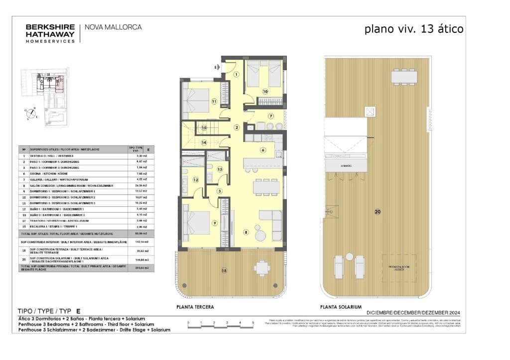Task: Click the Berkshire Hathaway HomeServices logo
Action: tap(50, 33)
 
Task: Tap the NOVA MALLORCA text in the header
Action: tap(114, 27)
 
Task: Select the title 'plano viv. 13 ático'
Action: tap(414, 29)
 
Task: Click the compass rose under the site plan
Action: tap(30, 113)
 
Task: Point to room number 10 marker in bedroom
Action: tap(265, 91)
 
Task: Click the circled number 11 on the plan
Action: tap(214, 102)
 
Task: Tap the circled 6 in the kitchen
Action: tap(263, 149)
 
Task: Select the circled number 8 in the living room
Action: tap(246, 232)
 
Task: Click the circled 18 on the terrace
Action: tap(224, 270)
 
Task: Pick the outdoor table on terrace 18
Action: tap(261, 268)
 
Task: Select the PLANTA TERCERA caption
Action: tap(195, 307)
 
